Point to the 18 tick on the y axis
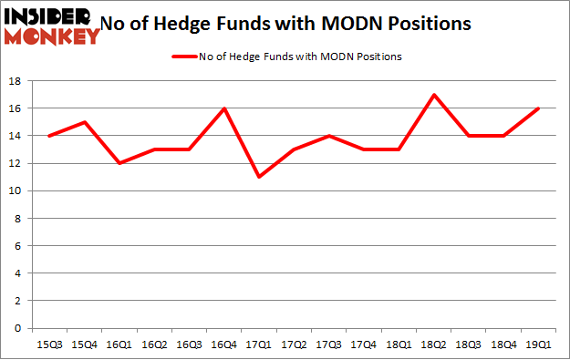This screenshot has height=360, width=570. [16, 81]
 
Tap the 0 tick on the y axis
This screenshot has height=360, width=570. [18, 328]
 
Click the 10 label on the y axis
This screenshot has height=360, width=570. [16, 191]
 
